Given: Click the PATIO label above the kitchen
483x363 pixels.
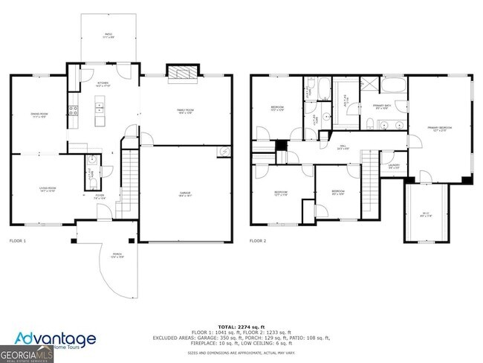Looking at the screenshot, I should pos(108,35).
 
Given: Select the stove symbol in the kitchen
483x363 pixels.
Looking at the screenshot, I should pos(73,111).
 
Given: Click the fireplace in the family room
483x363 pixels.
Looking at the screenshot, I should pos(180,73).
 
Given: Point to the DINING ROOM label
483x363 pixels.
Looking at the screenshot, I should pos(39,115).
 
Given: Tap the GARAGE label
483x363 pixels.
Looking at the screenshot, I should pos(184,193).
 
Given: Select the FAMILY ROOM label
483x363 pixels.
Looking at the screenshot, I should pos(184,112).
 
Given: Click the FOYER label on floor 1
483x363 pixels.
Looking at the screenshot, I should pos(100,196).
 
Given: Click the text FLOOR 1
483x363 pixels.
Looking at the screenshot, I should pos(17,241).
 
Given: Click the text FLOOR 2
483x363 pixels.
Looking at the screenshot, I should pos(257,241).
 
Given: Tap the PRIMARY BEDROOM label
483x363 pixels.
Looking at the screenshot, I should pos(439,129).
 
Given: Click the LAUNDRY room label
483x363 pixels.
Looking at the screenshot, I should pos(393,167).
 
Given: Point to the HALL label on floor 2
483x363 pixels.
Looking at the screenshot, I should pos(343,147).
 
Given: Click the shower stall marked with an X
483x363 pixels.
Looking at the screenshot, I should pos(369,84).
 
